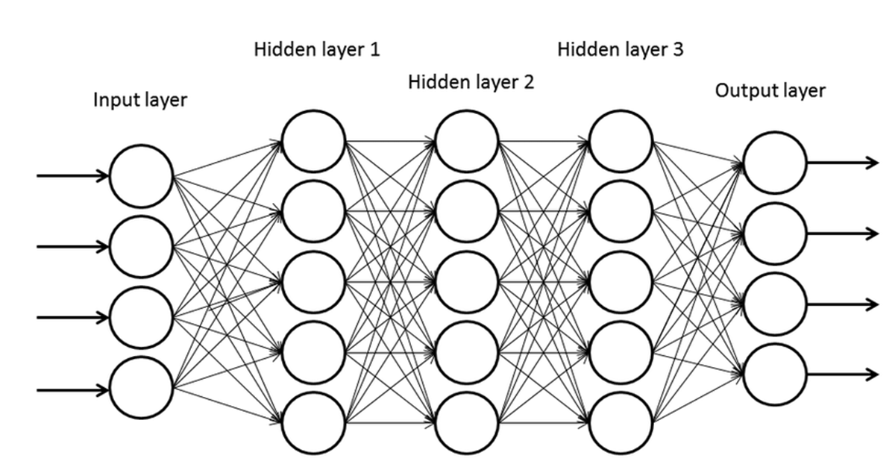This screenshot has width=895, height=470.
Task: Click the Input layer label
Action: [139, 100]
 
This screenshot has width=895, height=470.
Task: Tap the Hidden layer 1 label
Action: [317, 51]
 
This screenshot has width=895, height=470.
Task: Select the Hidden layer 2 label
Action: [471, 82]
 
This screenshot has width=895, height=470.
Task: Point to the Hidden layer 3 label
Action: [620, 50]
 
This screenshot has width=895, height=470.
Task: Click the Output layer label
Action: [770, 91]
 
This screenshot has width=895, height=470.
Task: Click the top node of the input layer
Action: [141, 176]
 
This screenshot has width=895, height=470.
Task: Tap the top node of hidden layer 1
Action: [313, 140]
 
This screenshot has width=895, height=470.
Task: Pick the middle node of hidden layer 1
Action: [313, 282]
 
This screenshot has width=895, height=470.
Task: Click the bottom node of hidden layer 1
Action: [313, 423]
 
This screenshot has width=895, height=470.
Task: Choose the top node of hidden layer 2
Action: [467, 140]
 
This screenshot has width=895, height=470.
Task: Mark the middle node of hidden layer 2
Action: [467, 282]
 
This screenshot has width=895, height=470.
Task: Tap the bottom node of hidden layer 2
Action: [467, 423]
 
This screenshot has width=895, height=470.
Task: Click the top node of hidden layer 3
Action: [621, 140]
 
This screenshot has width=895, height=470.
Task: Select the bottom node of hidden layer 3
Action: [621, 423]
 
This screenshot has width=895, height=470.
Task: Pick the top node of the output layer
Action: [774, 163]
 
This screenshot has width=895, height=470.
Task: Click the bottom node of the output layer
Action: [774, 374]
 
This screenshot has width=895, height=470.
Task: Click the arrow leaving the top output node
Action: [843, 163]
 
